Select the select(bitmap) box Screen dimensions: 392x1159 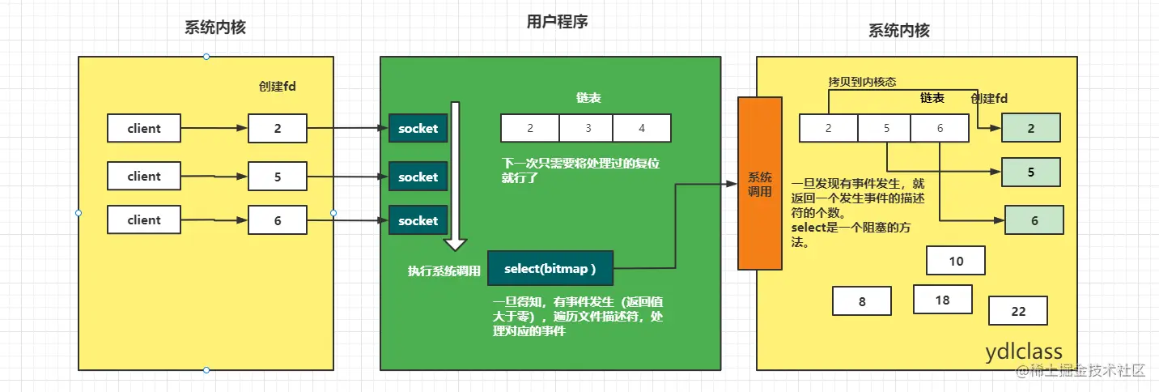coord(550,268)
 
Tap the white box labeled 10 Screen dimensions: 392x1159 coord(956,261)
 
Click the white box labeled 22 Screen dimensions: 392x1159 coord(1018,311)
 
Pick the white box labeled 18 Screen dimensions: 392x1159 coord(942,299)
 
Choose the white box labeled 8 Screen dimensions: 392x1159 coord(862,301)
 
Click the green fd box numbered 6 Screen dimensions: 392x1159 coord(1034,220)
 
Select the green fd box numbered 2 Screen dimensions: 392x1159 coord(1030,128)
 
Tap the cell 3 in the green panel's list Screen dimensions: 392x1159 coord(587,128)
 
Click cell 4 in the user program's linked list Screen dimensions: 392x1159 coord(642,128)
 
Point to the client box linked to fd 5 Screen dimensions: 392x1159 coord(144,176)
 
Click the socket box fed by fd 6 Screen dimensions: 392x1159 coord(418,220)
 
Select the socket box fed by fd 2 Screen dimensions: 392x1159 coord(418,128)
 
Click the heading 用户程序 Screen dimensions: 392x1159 coord(557,23)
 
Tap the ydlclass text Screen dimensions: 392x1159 coord(1023,352)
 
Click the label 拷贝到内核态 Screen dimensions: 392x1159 coord(862,82)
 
